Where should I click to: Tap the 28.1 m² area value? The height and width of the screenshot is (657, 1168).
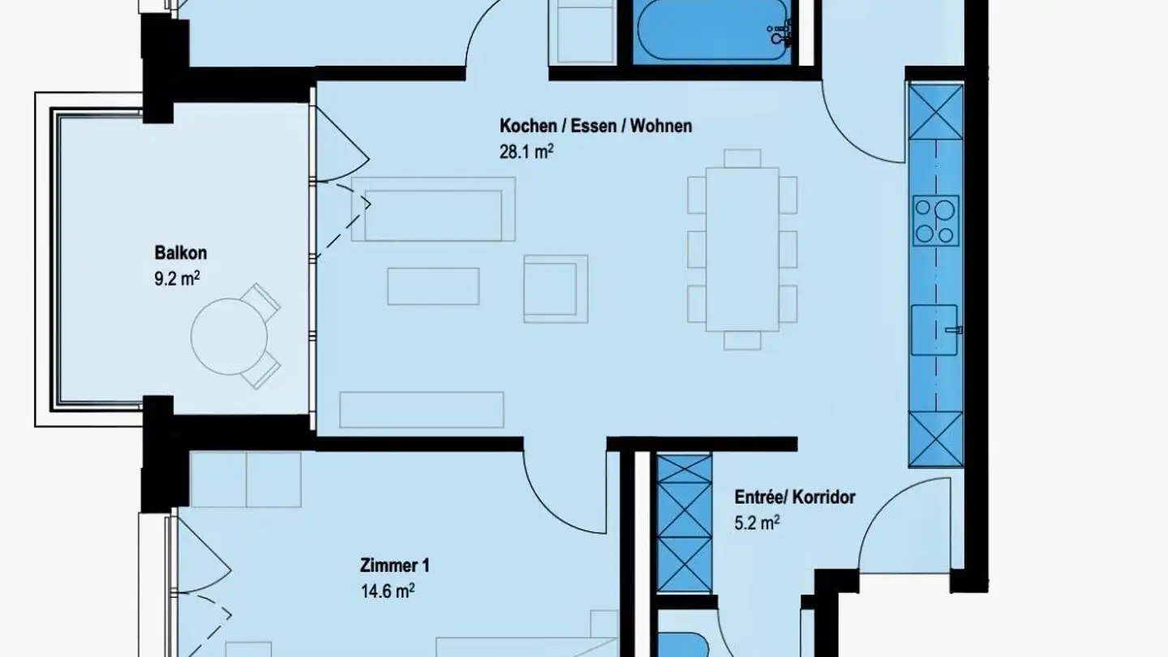531,150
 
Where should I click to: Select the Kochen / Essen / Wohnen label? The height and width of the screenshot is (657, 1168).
595,126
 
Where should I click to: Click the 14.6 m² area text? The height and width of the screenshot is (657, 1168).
388,590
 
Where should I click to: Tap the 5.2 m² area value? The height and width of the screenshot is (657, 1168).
757,523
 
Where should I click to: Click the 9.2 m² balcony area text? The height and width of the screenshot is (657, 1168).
177,279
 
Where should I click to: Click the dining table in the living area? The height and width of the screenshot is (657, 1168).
742,249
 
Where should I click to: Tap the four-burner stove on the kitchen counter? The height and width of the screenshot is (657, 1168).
936,220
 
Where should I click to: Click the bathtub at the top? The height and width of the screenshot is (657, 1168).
711,32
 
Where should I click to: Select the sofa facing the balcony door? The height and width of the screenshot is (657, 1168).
433,216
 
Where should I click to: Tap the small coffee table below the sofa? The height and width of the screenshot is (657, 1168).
432,286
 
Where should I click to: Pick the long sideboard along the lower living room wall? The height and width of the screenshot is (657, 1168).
421,410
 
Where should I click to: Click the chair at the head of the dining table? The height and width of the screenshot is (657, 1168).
742,157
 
